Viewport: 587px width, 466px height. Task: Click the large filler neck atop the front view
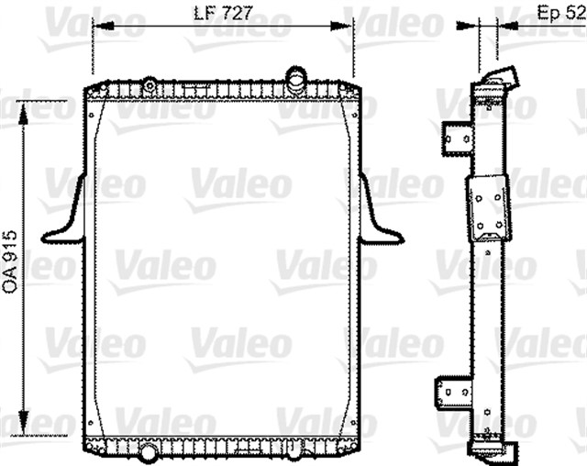coord(295,78)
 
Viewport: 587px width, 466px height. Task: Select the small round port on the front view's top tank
coord(149,85)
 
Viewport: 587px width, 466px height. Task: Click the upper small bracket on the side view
coord(457,138)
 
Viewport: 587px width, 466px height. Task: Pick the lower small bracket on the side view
coord(456,392)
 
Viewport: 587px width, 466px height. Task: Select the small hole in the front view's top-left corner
coord(94,106)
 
